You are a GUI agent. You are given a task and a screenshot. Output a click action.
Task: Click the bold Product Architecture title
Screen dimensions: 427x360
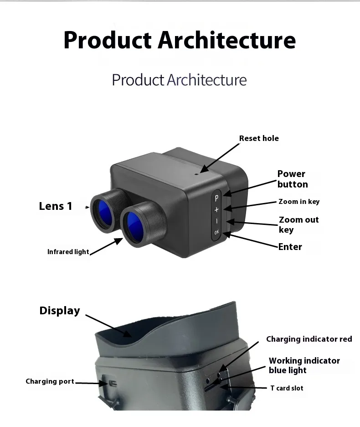click(x=180, y=40)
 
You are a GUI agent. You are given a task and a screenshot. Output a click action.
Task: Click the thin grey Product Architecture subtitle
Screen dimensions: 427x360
click(x=179, y=80)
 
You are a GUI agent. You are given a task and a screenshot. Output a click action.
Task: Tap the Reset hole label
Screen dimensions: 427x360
click(x=259, y=138)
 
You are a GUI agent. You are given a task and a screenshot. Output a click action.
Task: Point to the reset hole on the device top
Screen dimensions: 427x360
click(x=197, y=173)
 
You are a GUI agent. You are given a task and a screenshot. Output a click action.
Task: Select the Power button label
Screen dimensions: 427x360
click(x=293, y=179)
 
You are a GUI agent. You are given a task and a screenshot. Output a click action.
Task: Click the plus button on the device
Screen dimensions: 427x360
click(x=216, y=209)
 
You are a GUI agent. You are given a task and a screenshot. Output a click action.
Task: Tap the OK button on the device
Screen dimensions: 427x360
click(x=216, y=232)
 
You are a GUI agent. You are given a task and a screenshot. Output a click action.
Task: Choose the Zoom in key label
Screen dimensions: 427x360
click(x=299, y=202)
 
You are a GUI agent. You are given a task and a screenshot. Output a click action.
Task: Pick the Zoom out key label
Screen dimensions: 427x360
click(x=298, y=224)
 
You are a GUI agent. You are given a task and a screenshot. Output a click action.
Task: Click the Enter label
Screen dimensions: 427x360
click(x=290, y=247)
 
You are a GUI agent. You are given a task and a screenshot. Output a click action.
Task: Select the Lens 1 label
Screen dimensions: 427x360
click(x=56, y=206)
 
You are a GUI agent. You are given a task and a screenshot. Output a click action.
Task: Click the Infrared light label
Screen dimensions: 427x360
click(x=68, y=252)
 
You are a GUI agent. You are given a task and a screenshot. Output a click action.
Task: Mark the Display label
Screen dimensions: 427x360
click(x=60, y=311)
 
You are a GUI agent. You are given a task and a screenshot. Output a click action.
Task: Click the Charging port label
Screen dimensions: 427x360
click(x=50, y=381)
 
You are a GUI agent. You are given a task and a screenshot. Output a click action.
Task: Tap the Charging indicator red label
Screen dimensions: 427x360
click(x=309, y=339)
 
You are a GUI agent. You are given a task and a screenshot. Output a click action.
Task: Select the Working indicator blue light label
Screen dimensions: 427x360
click(x=304, y=365)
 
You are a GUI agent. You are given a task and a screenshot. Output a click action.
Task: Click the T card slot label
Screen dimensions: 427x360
click(x=287, y=388)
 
